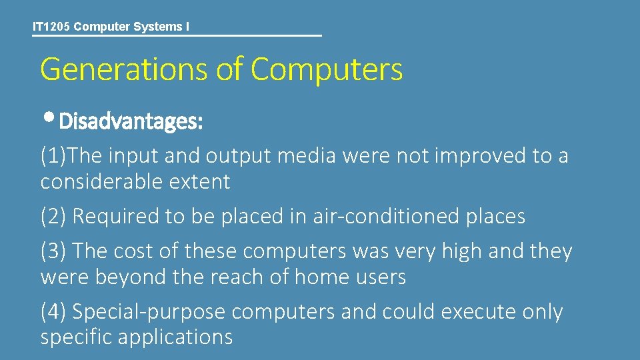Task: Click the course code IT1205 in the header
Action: (x=51, y=27)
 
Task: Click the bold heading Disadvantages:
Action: (x=131, y=122)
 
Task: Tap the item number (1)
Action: (x=53, y=156)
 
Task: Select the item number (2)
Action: (x=53, y=217)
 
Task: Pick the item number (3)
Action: (x=53, y=251)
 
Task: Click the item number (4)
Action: (x=53, y=312)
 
